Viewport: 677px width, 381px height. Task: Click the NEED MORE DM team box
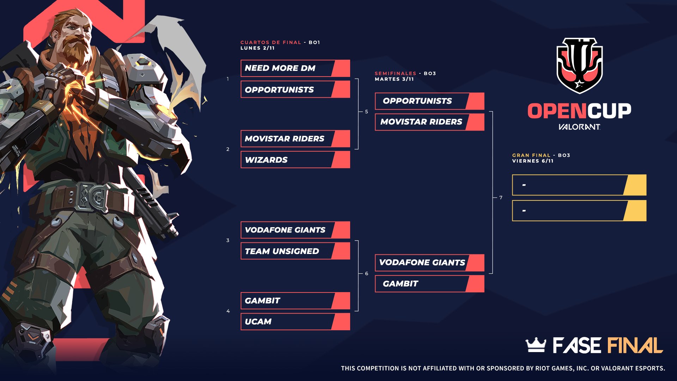pyautogui.click(x=295, y=68)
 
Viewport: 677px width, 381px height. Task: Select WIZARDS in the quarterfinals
pyautogui.click(x=295, y=160)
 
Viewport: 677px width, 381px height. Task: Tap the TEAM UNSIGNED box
pyautogui.click(x=295, y=251)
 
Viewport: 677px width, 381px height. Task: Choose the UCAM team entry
pyautogui.click(x=295, y=322)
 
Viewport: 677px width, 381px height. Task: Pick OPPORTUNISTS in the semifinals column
pyautogui.click(x=429, y=101)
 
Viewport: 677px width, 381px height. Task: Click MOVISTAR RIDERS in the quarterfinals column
pyautogui.click(x=295, y=139)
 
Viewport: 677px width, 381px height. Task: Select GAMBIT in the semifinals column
pyautogui.click(x=429, y=284)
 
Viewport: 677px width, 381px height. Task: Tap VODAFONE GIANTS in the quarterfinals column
pyautogui.click(x=295, y=230)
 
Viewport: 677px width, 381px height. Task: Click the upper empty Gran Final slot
pyautogui.click(x=579, y=185)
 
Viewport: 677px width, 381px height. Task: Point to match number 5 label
pyautogui.click(x=366, y=112)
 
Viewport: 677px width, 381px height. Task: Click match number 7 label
pyautogui.click(x=501, y=198)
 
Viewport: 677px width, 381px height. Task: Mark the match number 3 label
pyautogui.click(x=228, y=241)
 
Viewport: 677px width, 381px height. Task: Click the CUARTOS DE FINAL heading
pyautogui.click(x=271, y=42)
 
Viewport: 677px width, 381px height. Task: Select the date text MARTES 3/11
pyautogui.click(x=394, y=79)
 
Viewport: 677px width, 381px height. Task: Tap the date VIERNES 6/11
pyautogui.click(x=533, y=161)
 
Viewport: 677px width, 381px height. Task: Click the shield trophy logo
pyautogui.click(x=579, y=66)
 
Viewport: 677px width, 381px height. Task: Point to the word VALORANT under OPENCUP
pyautogui.click(x=579, y=127)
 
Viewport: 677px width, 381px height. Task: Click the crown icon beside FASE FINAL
pyautogui.click(x=536, y=345)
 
